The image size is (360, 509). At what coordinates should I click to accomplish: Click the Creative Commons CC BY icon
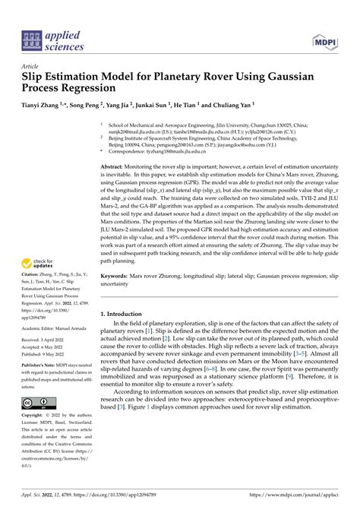36,401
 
